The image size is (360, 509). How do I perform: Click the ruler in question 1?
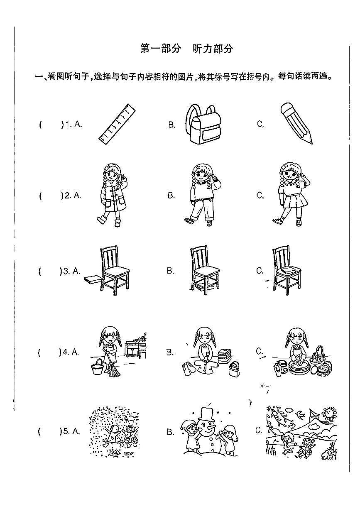click(x=117, y=124)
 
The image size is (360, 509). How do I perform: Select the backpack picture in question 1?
click(x=203, y=124)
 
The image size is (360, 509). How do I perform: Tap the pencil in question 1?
click(x=296, y=123)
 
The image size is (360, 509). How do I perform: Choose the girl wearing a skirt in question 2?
click(x=292, y=194)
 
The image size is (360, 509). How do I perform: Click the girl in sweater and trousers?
click(x=203, y=195)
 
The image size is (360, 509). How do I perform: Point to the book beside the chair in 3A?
click(x=92, y=279)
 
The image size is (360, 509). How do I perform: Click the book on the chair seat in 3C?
click(x=287, y=270)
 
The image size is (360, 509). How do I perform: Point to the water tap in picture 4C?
click(x=319, y=349)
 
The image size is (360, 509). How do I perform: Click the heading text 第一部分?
click(x=161, y=48)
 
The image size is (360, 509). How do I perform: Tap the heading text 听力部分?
click(x=213, y=48)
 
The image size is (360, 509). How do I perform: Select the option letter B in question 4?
click(x=170, y=352)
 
